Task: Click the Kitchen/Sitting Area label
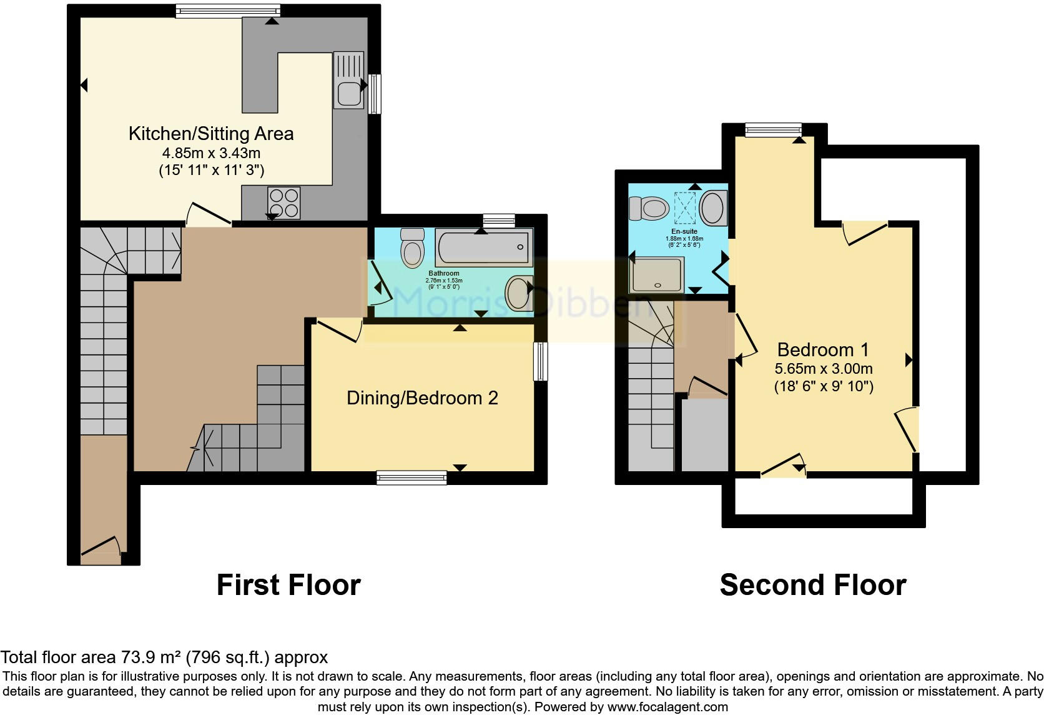pyautogui.click(x=210, y=134)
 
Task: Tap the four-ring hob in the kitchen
pyautogui.click(x=284, y=202)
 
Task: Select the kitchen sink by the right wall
pyautogui.click(x=348, y=80)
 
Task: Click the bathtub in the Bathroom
pyautogui.click(x=484, y=247)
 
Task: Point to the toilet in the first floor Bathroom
pyautogui.click(x=412, y=248)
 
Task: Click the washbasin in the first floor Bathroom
pyautogui.click(x=519, y=293)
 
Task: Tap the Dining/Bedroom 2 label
pyautogui.click(x=422, y=398)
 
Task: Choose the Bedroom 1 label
pyautogui.click(x=822, y=350)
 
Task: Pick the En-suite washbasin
pyautogui.click(x=713, y=208)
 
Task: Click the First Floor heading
pyautogui.click(x=288, y=586)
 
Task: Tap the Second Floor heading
pyautogui.click(x=812, y=586)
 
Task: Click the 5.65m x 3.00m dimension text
pyautogui.click(x=824, y=369)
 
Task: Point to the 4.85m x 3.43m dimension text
pyautogui.click(x=211, y=153)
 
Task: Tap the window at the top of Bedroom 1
pyautogui.click(x=773, y=129)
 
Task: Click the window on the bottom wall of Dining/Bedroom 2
pyautogui.click(x=411, y=478)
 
